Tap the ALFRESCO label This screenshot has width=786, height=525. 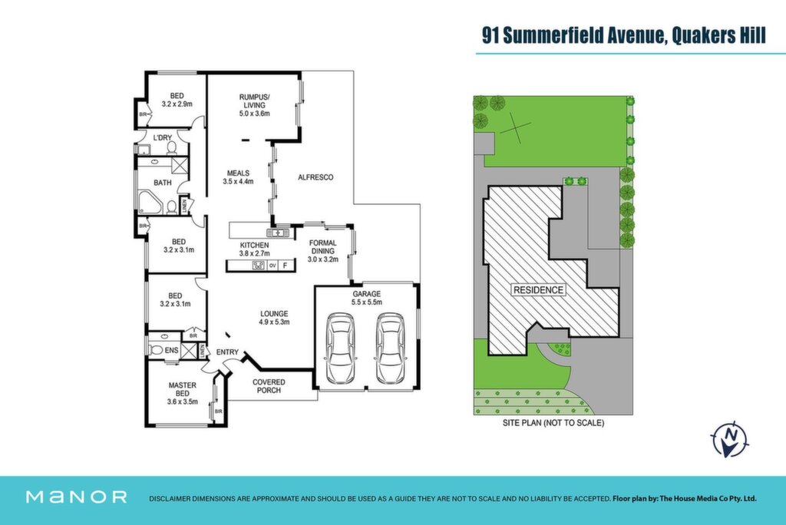click(315, 177)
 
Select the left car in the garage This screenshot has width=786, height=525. click(340, 348)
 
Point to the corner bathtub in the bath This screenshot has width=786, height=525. click(150, 203)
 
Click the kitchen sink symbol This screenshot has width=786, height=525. click(277, 233)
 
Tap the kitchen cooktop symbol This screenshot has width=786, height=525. click(258, 266)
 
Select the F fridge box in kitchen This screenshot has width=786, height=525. click(286, 266)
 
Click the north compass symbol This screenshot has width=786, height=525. click(730, 439)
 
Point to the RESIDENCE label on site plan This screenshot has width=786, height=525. click(538, 290)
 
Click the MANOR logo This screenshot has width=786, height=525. click(76, 497)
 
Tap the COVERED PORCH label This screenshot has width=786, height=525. click(269, 385)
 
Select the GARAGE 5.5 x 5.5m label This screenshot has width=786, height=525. click(366, 298)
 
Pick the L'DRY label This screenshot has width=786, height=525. click(163, 137)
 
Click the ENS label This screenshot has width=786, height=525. click(171, 351)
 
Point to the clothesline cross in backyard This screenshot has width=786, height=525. click(515, 127)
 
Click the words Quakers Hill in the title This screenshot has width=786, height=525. click(718, 36)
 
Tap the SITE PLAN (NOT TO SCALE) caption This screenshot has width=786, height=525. click(553, 423)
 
